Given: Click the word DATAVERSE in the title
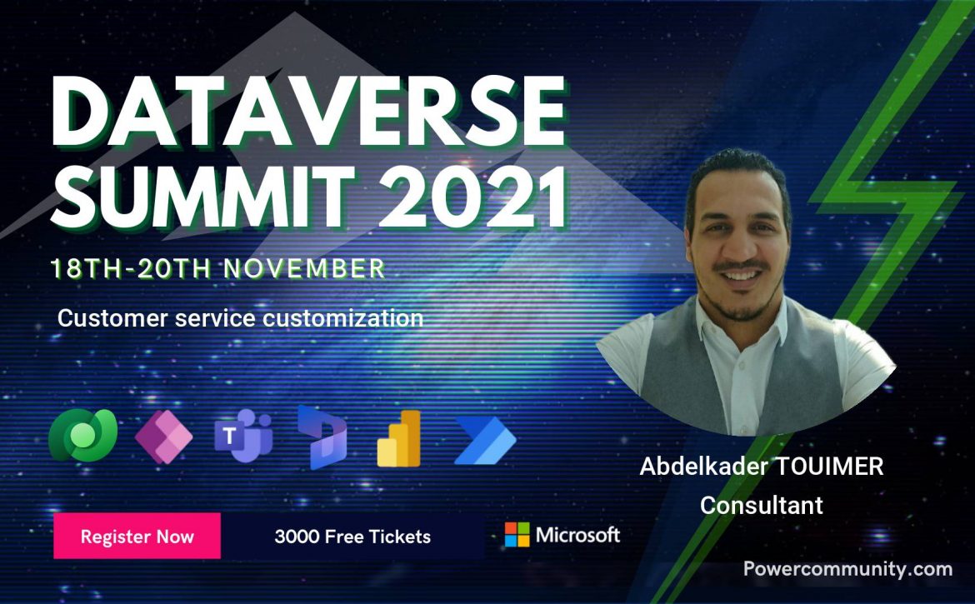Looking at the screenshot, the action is (307, 112).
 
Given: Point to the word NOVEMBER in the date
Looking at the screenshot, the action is (305, 268).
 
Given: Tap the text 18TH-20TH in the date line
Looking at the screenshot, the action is (131, 268).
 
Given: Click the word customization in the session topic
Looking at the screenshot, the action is (342, 319).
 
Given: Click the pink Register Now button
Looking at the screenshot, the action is (137, 536).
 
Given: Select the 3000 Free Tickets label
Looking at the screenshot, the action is (352, 537).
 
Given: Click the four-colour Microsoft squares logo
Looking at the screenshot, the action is (517, 534).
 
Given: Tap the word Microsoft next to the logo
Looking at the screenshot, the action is (577, 534).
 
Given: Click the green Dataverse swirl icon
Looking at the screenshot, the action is (82, 435).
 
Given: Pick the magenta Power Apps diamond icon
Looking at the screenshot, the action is (163, 437).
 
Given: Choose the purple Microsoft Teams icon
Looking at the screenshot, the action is (243, 436).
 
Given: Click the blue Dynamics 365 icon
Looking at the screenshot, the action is (322, 437).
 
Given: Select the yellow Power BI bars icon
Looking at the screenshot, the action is (399, 438).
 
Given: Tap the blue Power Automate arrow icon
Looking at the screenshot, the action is (486, 441).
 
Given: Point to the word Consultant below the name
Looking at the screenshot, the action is (762, 505).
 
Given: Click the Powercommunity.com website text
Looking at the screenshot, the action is (847, 569).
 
